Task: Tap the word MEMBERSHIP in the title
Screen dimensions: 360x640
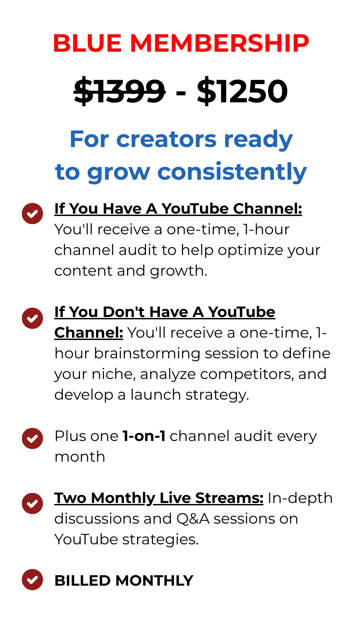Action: (220, 43)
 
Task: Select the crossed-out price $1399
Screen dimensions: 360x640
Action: (120, 91)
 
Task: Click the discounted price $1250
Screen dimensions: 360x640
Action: (242, 91)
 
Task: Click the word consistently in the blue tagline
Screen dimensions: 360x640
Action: (232, 172)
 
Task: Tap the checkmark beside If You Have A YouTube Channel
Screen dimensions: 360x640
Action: (32, 213)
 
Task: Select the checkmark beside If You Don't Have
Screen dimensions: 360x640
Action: (32, 318)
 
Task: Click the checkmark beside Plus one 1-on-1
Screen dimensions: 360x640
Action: (32, 438)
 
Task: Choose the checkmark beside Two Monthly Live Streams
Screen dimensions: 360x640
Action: (32, 503)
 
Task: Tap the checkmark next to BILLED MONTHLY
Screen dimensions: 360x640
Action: (32, 579)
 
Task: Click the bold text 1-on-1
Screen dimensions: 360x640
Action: (144, 436)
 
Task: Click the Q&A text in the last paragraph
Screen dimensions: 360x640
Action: (193, 519)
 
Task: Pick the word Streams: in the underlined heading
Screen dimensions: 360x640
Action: (229, 498)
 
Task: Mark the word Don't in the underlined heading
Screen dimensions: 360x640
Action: (124, 312)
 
